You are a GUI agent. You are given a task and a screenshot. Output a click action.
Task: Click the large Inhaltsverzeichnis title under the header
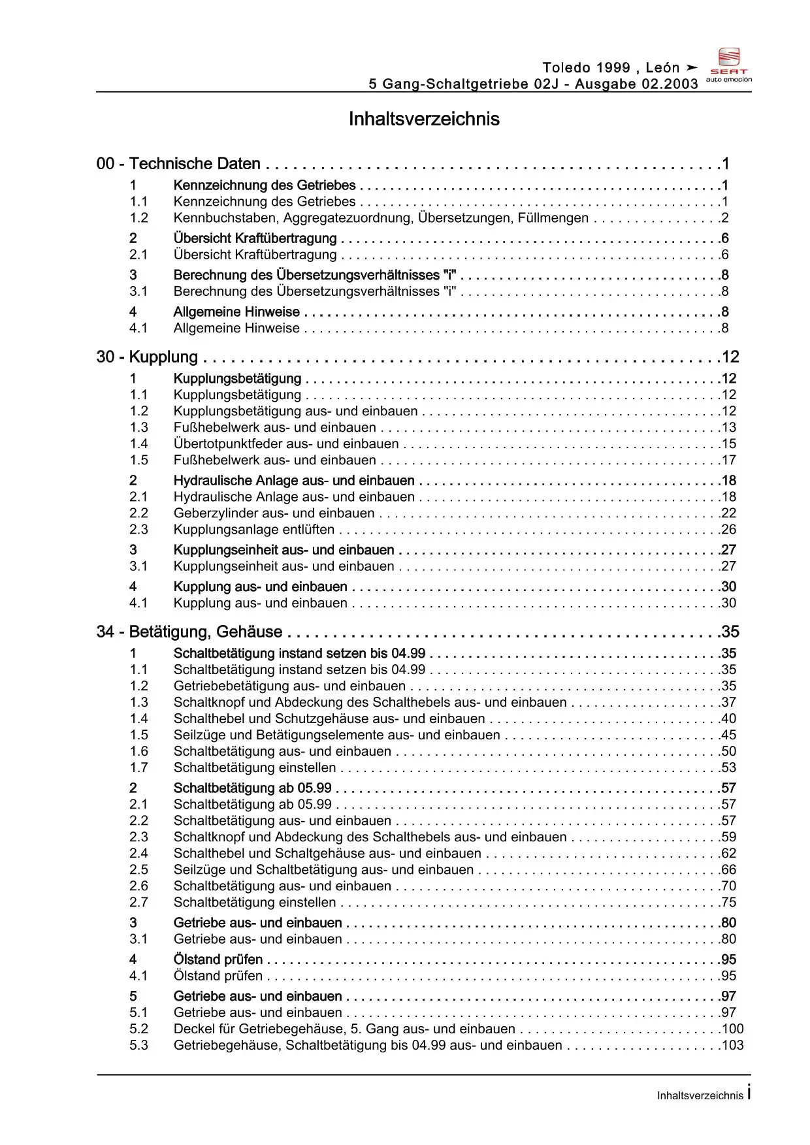[x=424, y=119]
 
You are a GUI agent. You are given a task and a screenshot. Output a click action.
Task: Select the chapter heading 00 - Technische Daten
[x=178, y=163]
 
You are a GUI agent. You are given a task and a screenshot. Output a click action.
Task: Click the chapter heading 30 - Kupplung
[x=147, y=357]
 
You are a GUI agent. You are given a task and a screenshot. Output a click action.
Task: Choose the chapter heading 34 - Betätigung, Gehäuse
[x=189, y=632]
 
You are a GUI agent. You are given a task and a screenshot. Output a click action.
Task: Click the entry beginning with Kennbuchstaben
[x=381, y=218]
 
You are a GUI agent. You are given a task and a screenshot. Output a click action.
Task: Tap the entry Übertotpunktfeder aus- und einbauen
[x=286, y=444]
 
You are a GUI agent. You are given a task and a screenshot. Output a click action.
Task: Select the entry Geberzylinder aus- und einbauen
[x=274, y=513]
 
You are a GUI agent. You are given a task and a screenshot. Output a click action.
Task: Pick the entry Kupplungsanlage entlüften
[x=254, y=530]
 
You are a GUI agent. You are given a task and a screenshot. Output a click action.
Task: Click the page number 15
[x=728, y=444]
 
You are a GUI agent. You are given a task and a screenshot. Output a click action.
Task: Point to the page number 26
[x=728, y=530]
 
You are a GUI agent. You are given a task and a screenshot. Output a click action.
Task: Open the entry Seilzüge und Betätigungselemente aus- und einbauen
[x=337, y=735]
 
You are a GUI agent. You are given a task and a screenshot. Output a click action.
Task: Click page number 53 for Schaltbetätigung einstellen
[x=728, y=768]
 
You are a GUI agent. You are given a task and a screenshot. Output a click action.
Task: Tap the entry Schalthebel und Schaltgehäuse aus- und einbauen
[x=327, y=854]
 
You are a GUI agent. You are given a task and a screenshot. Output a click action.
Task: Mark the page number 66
[x=728, y=870]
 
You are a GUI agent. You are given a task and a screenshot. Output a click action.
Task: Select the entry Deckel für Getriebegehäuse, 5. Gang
[x=344, y=1029]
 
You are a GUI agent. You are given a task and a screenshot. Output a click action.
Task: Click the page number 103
[x=732, y=1046]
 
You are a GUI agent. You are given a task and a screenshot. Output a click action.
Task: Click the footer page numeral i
[x=749, y=1092]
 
